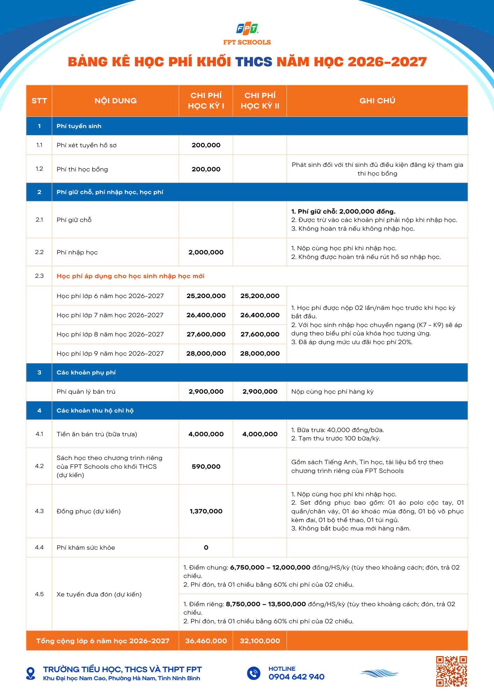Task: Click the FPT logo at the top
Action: point(247,29)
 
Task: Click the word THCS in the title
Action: point(254,62)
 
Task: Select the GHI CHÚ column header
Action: point(377,101)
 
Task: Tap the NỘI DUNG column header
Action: point(115,101)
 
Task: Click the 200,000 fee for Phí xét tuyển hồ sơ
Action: point(206,145)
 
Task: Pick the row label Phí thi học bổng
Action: point(82,169)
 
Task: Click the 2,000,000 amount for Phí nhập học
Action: point(206,252)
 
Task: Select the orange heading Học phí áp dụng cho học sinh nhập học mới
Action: point(130,276)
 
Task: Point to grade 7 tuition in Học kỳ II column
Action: point(260,315)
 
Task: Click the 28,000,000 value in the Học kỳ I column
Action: point(206,354)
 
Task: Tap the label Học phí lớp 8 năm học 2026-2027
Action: point(110,334)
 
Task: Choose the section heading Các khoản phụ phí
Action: point(86,372)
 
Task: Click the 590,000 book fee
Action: point(206,467)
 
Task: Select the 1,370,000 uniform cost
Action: point(206,511)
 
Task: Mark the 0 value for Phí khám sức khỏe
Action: point(206,548)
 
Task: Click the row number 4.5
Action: point(39,594)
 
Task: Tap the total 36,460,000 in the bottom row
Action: point(206,641)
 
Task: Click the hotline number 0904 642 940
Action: point(296,677)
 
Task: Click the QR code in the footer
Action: point(451,672)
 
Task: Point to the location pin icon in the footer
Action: point(31,673)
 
